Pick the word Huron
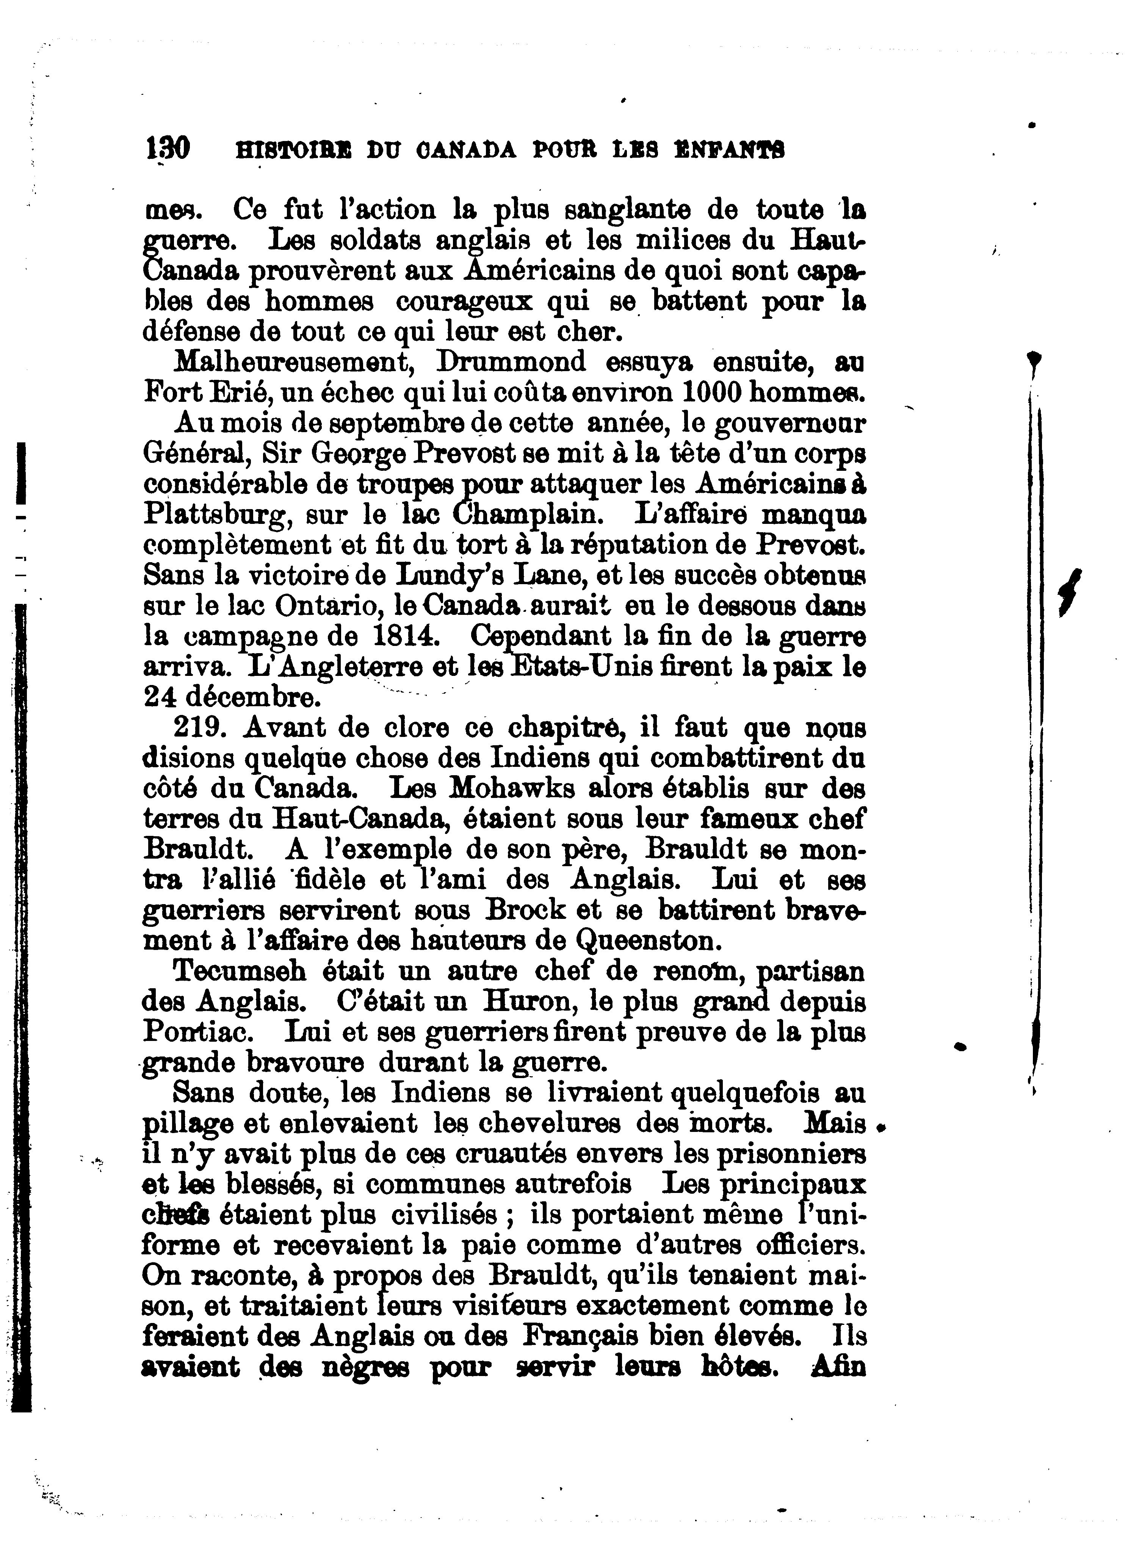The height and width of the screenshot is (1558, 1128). [528, 1001]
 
